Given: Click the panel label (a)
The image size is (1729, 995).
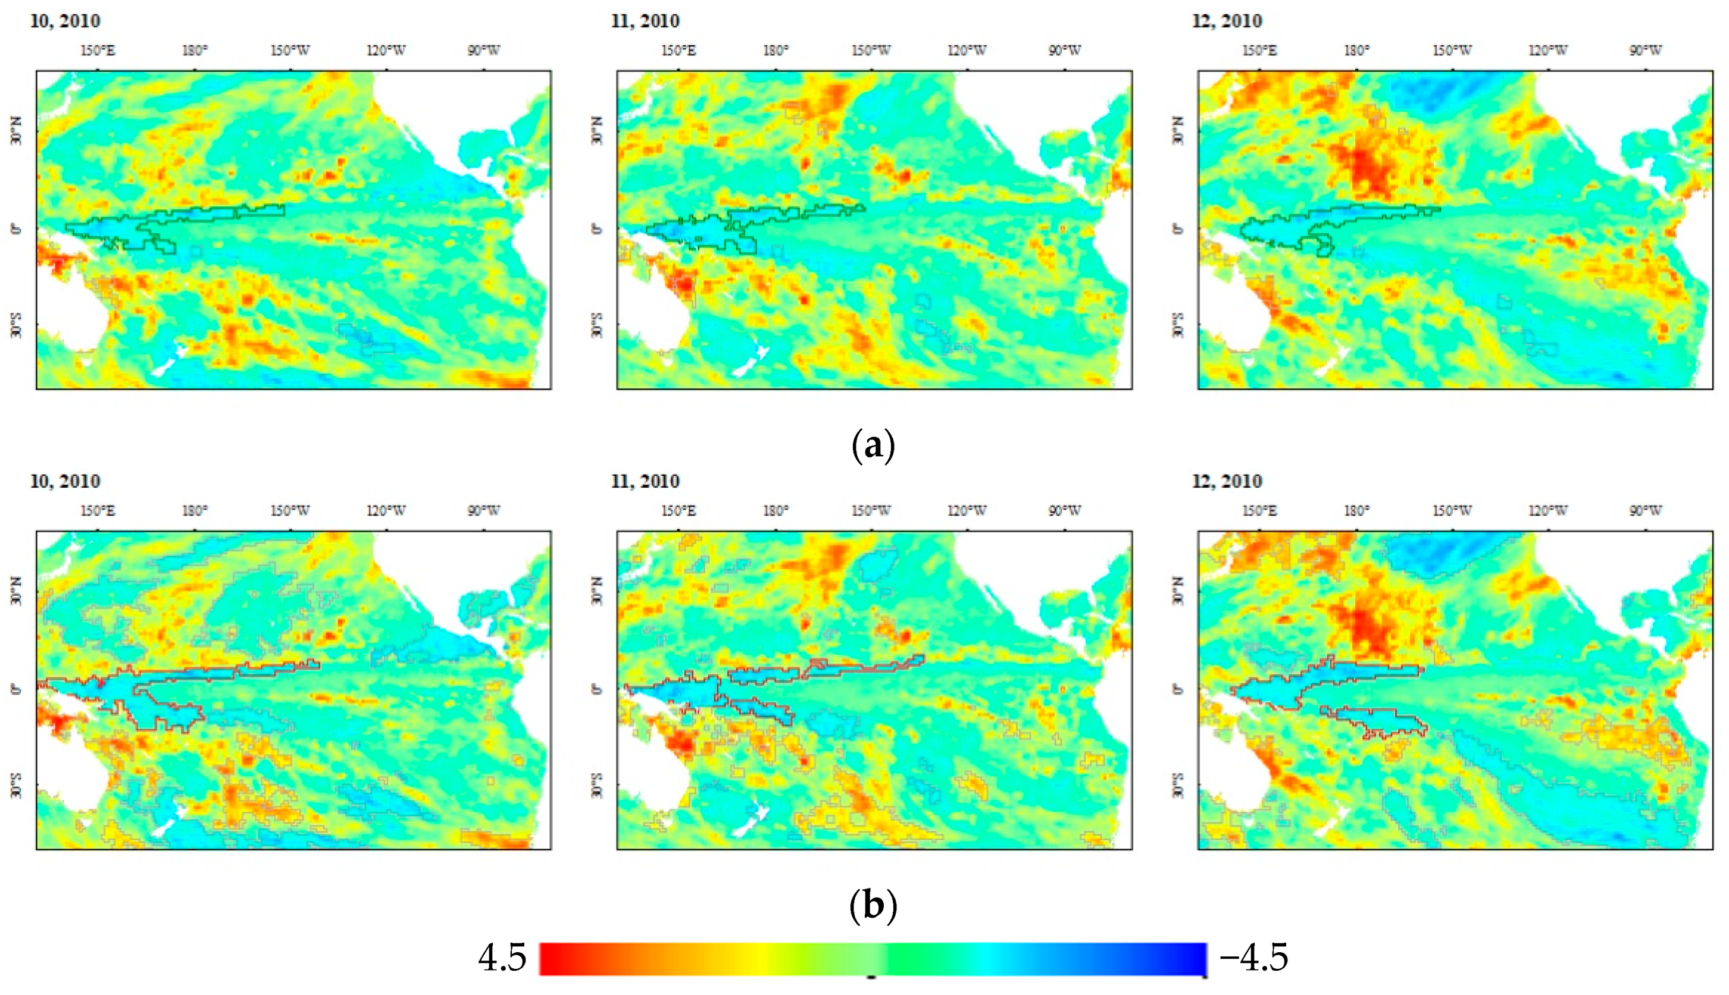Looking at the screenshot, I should click(x=873, y=445).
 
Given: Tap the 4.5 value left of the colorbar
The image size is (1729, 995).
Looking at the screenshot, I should click(x=502, y=958).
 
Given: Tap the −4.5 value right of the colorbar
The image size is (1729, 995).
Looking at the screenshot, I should click(x=1253, y=958).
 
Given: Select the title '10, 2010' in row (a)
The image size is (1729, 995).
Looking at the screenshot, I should click(x=65, y=21).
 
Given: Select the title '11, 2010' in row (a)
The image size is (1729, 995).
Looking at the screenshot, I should click(x=645, y=21).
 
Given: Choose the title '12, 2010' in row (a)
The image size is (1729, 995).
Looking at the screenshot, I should click(x=1227, y=21).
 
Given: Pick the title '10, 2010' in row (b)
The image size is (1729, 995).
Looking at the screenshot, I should click(x=65, y=482).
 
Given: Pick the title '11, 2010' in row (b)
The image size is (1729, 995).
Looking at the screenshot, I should click(x=645, y=482).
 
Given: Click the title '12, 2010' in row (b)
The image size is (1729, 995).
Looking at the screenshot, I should click(x=1227, y=482).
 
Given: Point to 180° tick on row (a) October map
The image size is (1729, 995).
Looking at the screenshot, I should click(x=195, y=51).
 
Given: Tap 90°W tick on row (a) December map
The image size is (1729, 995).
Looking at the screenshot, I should click(x=1645, y=51).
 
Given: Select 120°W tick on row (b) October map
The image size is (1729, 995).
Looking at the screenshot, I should click(x=386, y=511).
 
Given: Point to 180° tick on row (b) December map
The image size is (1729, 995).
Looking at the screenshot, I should click(x=1356, y=511).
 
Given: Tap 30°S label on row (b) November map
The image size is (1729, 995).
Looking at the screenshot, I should click(x=597, y=786).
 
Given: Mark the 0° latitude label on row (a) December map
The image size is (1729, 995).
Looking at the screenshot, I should click(x=1178, y=228).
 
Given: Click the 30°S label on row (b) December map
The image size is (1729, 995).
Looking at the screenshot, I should click(x=1178, y=786).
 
